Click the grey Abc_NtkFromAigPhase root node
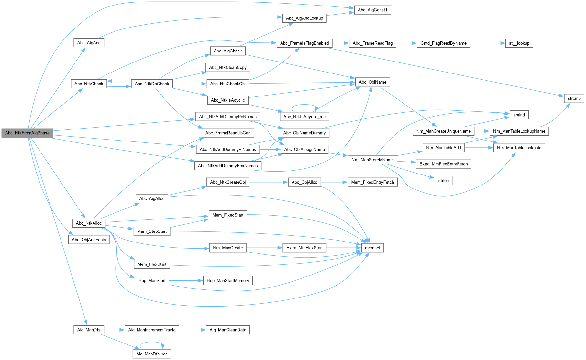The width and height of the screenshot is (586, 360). coord(27,133)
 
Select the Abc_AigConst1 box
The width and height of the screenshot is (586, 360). coord(372,10)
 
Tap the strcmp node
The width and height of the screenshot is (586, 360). coord(574,98)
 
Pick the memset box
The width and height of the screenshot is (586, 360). coord(372,248)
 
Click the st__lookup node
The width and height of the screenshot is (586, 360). coord(519,43)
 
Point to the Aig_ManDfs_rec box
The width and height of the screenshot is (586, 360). coord(152,354)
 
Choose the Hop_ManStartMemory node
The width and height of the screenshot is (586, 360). coord(228,280)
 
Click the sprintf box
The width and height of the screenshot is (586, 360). coord(519,115)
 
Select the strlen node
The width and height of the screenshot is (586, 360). coord(443,180)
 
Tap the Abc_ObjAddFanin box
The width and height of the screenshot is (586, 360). coord(89,240)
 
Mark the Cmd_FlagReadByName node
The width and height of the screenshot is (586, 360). coord(443,43)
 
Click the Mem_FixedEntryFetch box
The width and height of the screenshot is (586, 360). coord(372,182)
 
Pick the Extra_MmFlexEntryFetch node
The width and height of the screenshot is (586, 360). coord(443,164)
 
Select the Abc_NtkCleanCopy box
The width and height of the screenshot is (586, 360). coord(228,67)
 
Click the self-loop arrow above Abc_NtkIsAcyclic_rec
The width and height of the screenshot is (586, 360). coord(304,105)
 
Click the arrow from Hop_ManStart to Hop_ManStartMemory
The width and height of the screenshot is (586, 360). coord(186,280)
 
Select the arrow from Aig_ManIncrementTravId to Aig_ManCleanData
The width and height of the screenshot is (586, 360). coord(192,330)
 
